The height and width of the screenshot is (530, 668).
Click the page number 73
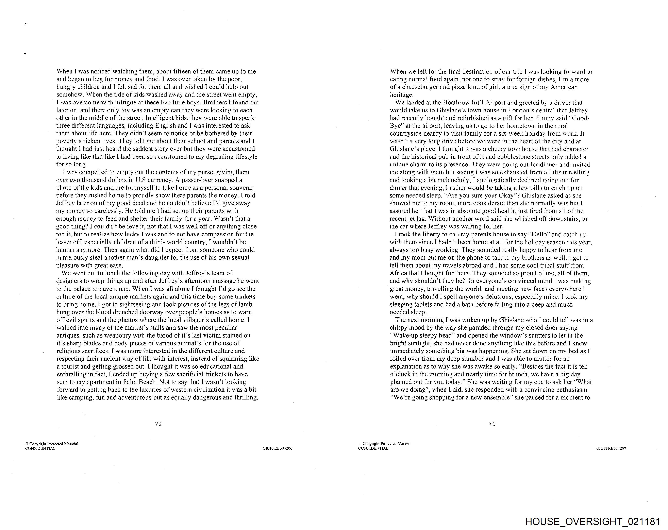point(158,424)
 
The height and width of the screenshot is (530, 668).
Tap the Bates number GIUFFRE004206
point(277,448)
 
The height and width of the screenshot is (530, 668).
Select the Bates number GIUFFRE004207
point(611,448)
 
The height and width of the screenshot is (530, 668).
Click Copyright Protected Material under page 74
point(387,444)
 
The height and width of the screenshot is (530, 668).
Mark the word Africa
point(398,273)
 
